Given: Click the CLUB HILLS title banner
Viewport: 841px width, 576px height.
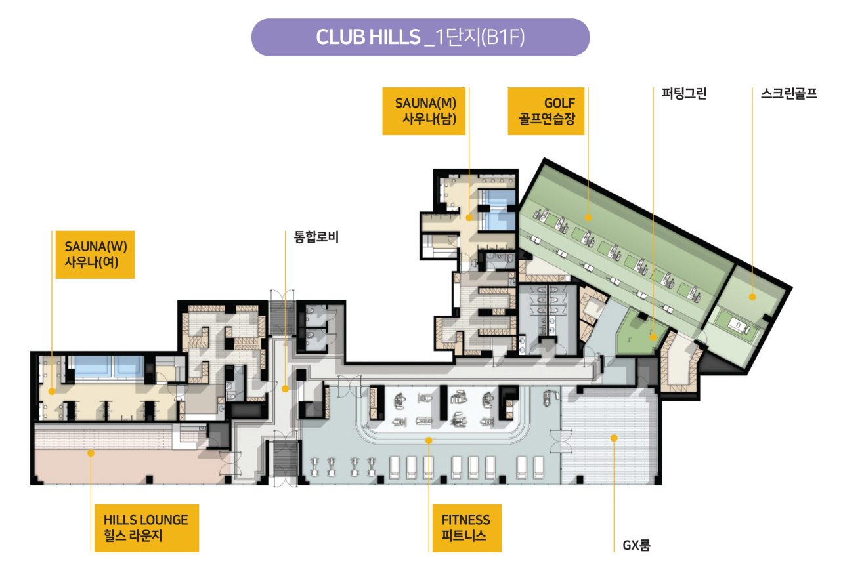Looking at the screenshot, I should (420, 37).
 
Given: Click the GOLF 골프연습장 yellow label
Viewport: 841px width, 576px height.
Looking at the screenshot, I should (546, 111).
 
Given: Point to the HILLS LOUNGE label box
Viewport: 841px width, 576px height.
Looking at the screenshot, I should (145, 527).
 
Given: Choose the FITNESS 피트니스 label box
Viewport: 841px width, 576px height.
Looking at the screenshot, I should (466, 527).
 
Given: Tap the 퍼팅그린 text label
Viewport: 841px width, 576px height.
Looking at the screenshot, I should (684, 94).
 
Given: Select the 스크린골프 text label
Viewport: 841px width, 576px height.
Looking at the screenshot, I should (788, 94).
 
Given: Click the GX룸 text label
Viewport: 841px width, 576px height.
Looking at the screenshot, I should (636, 545).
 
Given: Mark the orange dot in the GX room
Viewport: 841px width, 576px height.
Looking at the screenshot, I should (614, 437).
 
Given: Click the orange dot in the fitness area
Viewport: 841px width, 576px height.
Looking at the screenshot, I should (429, 440).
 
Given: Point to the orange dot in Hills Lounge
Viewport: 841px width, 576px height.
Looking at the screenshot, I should (91, 453).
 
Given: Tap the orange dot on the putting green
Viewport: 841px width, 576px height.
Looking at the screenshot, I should (653, 337).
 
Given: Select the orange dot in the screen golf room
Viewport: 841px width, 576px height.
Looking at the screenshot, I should (752, 297).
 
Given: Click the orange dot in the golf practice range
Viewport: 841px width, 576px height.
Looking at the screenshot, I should (588, 217).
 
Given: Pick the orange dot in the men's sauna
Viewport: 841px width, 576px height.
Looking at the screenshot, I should (469, 217).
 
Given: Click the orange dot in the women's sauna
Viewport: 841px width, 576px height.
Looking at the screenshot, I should (52, 390).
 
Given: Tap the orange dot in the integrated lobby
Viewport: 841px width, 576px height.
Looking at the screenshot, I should (285, 389).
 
